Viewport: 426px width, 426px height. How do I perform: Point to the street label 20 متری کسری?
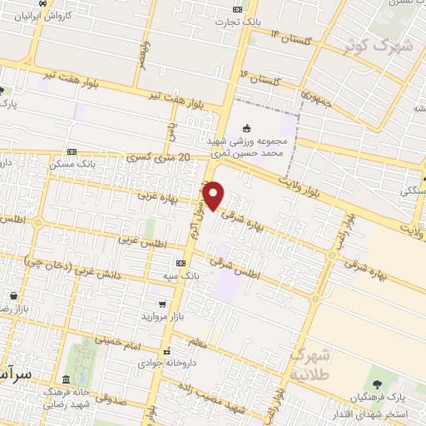(x=159, y=157)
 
